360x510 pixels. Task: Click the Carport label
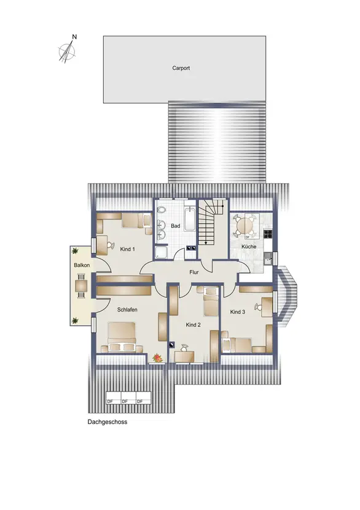181,68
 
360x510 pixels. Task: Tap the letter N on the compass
74,37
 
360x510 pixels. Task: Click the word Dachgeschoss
108,422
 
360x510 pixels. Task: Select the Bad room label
175,226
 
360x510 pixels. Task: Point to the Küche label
249,246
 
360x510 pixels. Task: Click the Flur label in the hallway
194,272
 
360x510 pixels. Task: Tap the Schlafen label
127,310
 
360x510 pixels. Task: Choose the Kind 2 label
193,324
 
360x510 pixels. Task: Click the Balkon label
82,265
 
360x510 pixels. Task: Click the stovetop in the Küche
268,233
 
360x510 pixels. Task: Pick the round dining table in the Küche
245,225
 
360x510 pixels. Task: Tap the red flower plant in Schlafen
158,358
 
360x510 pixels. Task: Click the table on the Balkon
80,286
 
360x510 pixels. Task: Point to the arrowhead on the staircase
206,242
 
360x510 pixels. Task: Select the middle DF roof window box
128,398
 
